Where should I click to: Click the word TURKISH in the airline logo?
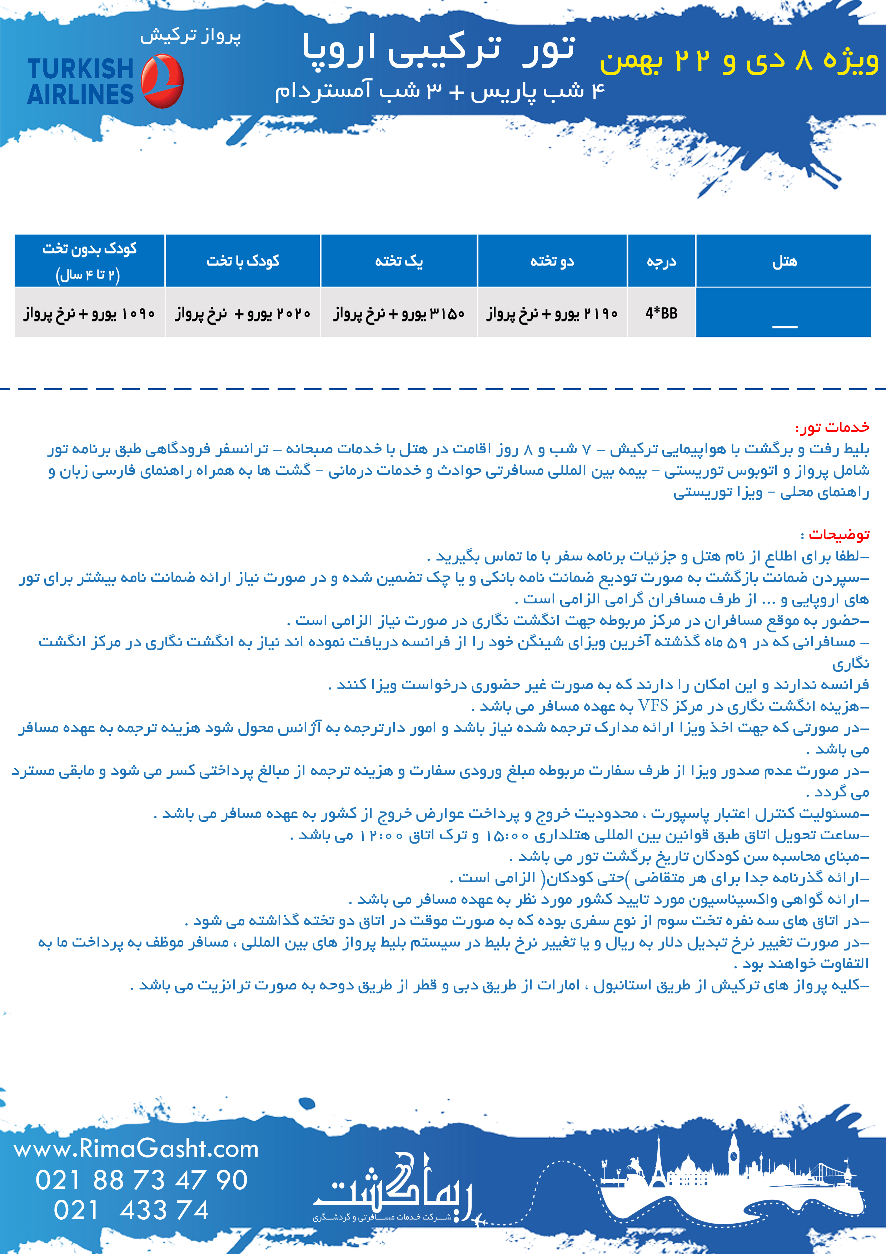point(81,69)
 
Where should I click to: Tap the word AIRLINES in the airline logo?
point(81,94)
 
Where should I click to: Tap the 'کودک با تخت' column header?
point(243,261)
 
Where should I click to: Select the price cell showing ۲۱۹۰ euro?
point(552,313)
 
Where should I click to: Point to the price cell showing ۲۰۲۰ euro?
point(243,313)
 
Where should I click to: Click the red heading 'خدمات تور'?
point(832,427)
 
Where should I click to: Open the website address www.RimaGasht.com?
point(136,1149)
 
